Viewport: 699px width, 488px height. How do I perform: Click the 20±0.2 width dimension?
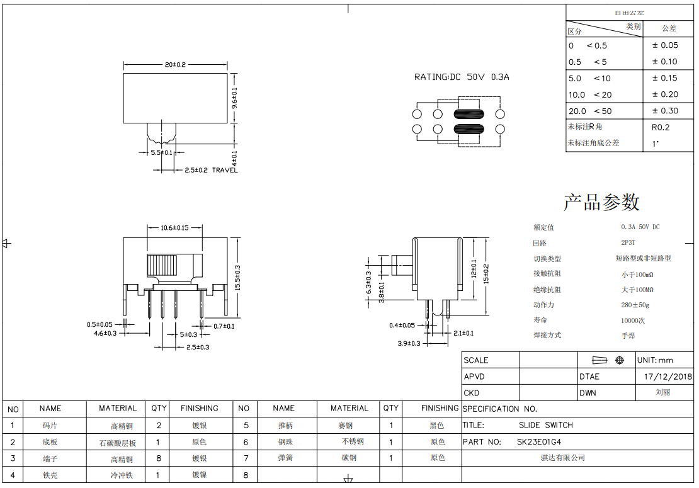click(175, 65)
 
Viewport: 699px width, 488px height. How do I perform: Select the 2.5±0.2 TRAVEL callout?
click(211, 170)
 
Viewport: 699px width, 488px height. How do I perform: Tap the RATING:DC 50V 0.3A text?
click(462, 77)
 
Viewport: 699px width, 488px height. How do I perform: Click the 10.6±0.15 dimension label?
click(174, 227)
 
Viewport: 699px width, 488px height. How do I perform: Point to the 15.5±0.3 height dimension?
click(237, 278)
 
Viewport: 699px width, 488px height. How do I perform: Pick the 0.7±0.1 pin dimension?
click(224, 326)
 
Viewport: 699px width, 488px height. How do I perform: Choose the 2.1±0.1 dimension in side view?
click(463, 333)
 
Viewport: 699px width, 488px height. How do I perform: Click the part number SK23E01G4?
click(539, 442)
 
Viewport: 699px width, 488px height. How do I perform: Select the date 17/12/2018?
click(668, 377)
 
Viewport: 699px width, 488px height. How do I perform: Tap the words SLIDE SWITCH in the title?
click(545, 425)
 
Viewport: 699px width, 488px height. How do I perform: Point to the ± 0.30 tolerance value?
click(665, 111)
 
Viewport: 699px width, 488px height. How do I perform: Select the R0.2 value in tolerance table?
click(661, 127)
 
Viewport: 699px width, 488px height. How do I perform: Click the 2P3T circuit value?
click(628, 242)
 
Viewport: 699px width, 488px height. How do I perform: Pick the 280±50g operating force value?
click(635, 305)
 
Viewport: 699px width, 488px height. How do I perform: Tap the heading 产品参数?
click(601, 202)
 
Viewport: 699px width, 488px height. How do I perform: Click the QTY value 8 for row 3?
click(159, 458)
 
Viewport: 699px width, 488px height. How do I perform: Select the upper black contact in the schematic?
click(468, 114)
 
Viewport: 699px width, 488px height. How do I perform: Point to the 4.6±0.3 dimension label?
click(105, 333)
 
